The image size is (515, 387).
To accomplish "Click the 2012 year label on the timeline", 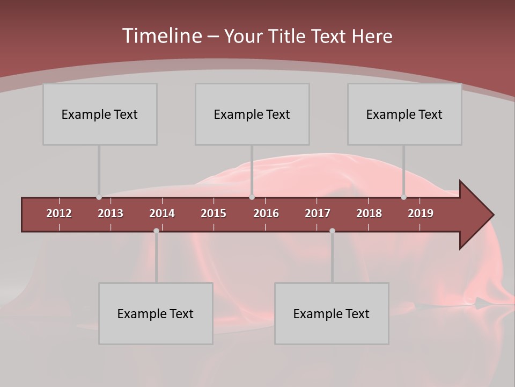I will tap(59, 213).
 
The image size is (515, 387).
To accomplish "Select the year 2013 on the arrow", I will tap(111, 213).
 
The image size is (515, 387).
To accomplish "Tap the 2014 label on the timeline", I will tap(162, 213).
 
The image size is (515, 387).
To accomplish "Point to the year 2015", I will tap(214, 213).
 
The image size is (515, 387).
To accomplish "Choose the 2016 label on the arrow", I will tap(266, 213).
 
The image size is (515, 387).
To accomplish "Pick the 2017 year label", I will tap(318, 213).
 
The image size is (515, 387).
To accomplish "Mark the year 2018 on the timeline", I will tap(369, 213).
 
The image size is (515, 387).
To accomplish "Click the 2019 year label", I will tap(421, 213).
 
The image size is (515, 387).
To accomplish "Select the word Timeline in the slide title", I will tap(162, 36).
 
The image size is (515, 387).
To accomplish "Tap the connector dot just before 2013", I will tap(99, 197).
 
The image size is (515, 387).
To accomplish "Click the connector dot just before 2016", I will tap(252, 197).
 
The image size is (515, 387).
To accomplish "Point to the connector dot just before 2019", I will tap(404, 197).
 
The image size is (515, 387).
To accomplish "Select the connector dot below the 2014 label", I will tap(156, 231).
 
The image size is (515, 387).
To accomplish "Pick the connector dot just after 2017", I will tap(332, 231).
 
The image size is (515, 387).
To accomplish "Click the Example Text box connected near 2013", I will tap(100, 114).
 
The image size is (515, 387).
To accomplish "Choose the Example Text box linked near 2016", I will tap(252, 114).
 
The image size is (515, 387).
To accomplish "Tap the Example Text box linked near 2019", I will tap(404, 114).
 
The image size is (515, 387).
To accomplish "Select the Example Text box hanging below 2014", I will tap(156, 313).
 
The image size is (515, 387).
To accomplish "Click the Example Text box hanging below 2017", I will tap(332, 313).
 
